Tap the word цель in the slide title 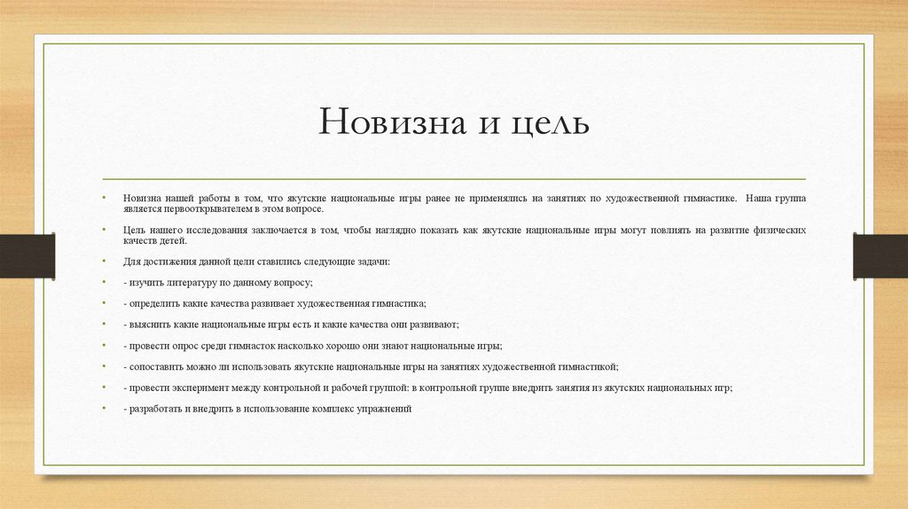click(x=550, y=121)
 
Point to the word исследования click(x=193, y=230)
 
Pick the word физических click(x=779, y=230)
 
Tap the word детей click(x=173, y=241)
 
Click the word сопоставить click(x=157, y=366)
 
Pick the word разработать click(x=156, y=409)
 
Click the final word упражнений click(x=384, y=409)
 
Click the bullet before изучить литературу click(x=103, y=283)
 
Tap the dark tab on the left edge click(x=27, y=254)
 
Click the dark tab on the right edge click(x=881, y=254)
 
